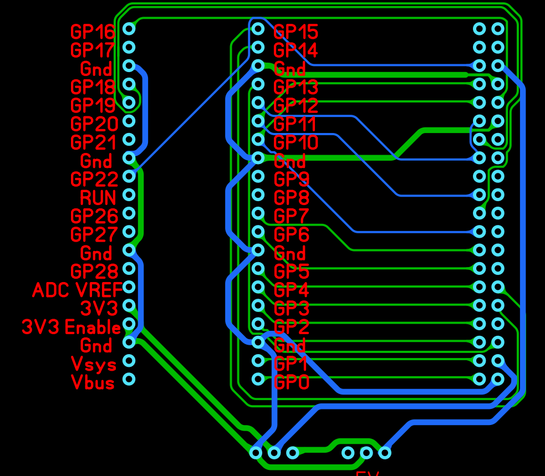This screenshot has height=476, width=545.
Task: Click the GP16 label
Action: [93, 32]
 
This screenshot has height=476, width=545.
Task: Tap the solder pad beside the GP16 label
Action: [129, 28]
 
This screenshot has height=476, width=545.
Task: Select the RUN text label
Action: [98, 197]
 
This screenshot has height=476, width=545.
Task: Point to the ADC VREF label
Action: [77, 290]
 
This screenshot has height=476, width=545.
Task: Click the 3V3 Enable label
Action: [71, 327]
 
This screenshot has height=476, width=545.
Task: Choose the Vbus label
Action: [93, 382]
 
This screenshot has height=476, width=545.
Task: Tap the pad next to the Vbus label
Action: [129, 380]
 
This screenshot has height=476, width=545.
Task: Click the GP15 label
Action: [296, 32]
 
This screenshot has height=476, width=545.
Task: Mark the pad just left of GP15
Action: [258, 28]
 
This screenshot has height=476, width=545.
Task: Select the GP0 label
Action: [292, 382]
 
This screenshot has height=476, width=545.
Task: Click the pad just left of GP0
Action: [258, 379]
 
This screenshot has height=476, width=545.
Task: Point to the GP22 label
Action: [94, 179]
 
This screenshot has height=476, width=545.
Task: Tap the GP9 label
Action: [292, 179]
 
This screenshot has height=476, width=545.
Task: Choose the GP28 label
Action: [94, 272]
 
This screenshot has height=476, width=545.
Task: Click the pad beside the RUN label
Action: [129, 195]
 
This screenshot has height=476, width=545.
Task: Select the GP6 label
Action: [292, 234]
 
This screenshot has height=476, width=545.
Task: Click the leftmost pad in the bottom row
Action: [256, 453]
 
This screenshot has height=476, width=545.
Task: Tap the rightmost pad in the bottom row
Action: [384, 453]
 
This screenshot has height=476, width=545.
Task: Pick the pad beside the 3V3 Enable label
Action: [129, 324]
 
